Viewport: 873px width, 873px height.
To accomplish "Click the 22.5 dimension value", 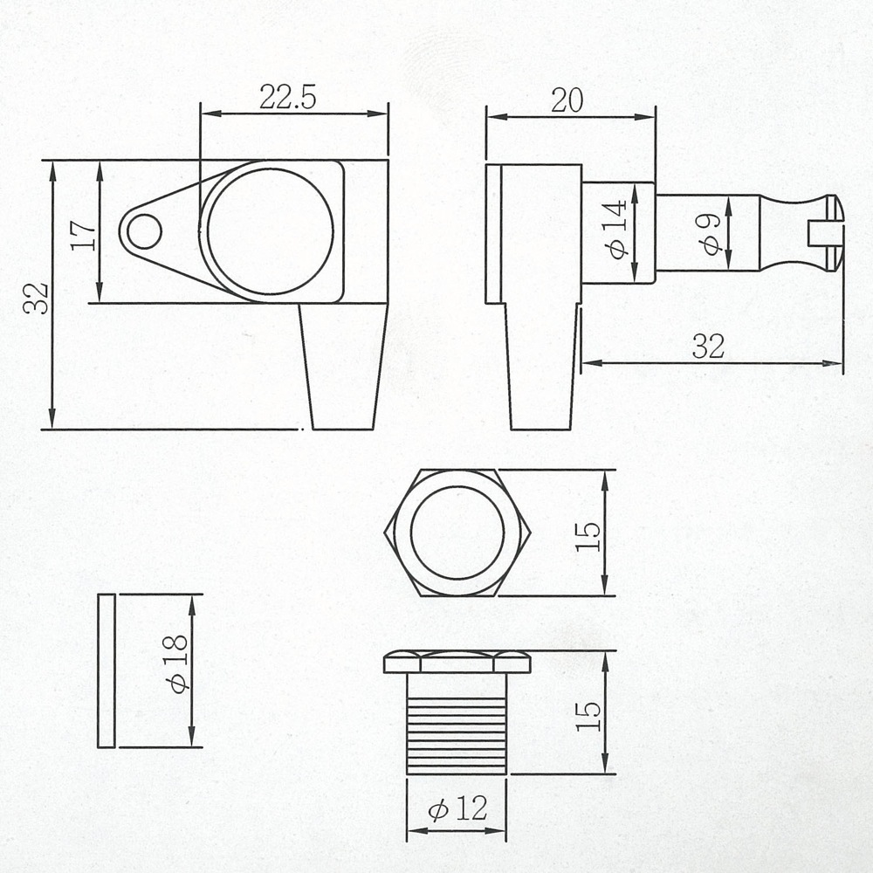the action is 287,98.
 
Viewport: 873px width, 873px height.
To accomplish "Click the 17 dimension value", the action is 84,236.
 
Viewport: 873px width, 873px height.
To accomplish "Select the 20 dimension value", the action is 567,100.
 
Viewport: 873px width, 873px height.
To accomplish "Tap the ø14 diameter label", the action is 618,230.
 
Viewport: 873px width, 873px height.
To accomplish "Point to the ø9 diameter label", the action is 711,234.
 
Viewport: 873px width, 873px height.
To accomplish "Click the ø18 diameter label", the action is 177,663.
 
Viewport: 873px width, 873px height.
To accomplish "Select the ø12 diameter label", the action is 457,808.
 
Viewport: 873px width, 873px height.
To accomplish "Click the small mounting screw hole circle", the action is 144,231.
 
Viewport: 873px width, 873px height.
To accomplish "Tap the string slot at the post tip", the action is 824,233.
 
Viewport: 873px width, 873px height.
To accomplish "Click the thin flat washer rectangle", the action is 107,670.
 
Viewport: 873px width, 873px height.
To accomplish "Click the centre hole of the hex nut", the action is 457,533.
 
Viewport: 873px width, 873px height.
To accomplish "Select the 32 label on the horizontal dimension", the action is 708,347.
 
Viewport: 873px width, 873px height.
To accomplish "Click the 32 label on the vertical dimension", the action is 36,298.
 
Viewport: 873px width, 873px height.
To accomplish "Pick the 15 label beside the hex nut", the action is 588,536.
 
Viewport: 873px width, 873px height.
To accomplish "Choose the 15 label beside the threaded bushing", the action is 588,716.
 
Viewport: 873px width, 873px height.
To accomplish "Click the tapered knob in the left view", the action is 343,367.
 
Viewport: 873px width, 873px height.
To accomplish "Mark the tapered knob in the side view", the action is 540,367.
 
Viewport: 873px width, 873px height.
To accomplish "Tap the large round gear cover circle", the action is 270,231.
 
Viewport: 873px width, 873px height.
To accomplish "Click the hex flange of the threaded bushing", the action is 457,663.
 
